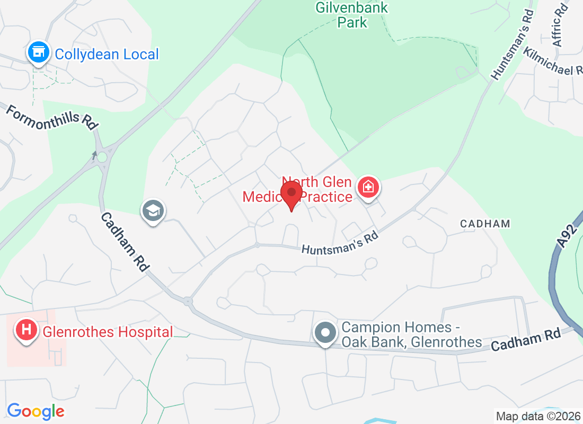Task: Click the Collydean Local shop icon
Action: click(38, 52)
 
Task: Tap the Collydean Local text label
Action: click(107, 54)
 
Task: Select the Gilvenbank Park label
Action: click(351, 15)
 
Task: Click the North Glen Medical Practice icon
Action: click(368, 187)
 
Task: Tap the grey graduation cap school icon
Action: click(153, 211)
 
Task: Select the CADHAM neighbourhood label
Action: click(485, 224)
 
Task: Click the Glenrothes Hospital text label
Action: click(108, 332)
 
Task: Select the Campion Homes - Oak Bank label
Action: click(411, 334)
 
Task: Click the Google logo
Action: click(36, 411)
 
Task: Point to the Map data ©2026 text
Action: click(536, 416)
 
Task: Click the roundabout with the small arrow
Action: click(101, 157)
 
